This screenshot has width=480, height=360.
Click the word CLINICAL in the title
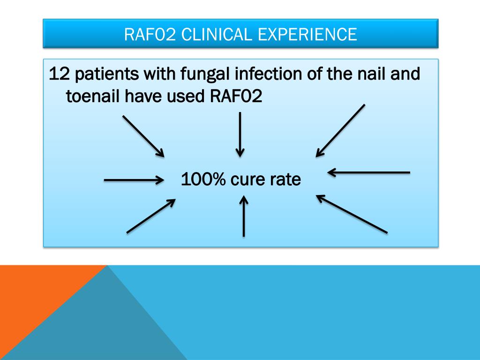[216, 34]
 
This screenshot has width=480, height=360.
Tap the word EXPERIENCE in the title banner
[307, 34]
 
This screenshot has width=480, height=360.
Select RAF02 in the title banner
[150, 34]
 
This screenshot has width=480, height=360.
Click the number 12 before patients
[59, 74]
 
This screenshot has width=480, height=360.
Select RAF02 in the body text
[236, 96]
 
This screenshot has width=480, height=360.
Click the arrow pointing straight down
[240, 135]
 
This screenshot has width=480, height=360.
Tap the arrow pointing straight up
[244, 216]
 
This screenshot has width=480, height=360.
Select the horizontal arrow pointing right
[134, 180]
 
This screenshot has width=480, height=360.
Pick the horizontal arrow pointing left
[368, 172]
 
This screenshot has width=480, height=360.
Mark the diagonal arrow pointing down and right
[143, 136]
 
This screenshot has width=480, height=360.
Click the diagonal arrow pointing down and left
[340, 131]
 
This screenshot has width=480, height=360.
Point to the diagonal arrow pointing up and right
[151, 216]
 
